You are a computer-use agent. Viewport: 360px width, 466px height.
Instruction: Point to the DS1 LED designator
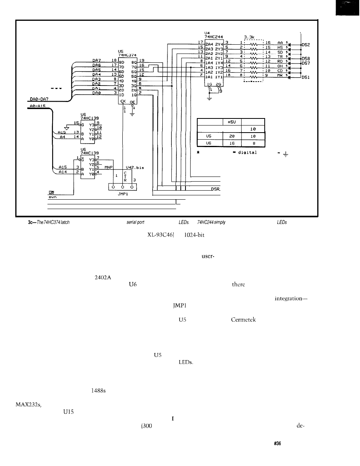tap(306, 78)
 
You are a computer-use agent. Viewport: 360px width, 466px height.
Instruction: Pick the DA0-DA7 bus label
tap(40, 100)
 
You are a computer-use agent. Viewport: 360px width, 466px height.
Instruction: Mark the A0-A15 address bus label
tap(39, 106)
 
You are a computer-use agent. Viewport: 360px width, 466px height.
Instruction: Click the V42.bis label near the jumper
tap(135, 167)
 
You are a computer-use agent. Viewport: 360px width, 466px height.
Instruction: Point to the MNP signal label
tap(104, 167)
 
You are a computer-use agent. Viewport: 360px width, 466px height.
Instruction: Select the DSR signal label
tap(215, 189)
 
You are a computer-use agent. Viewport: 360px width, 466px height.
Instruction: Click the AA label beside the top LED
tap(280, 43)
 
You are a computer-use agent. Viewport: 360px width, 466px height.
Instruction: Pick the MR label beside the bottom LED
tap(280, 75)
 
